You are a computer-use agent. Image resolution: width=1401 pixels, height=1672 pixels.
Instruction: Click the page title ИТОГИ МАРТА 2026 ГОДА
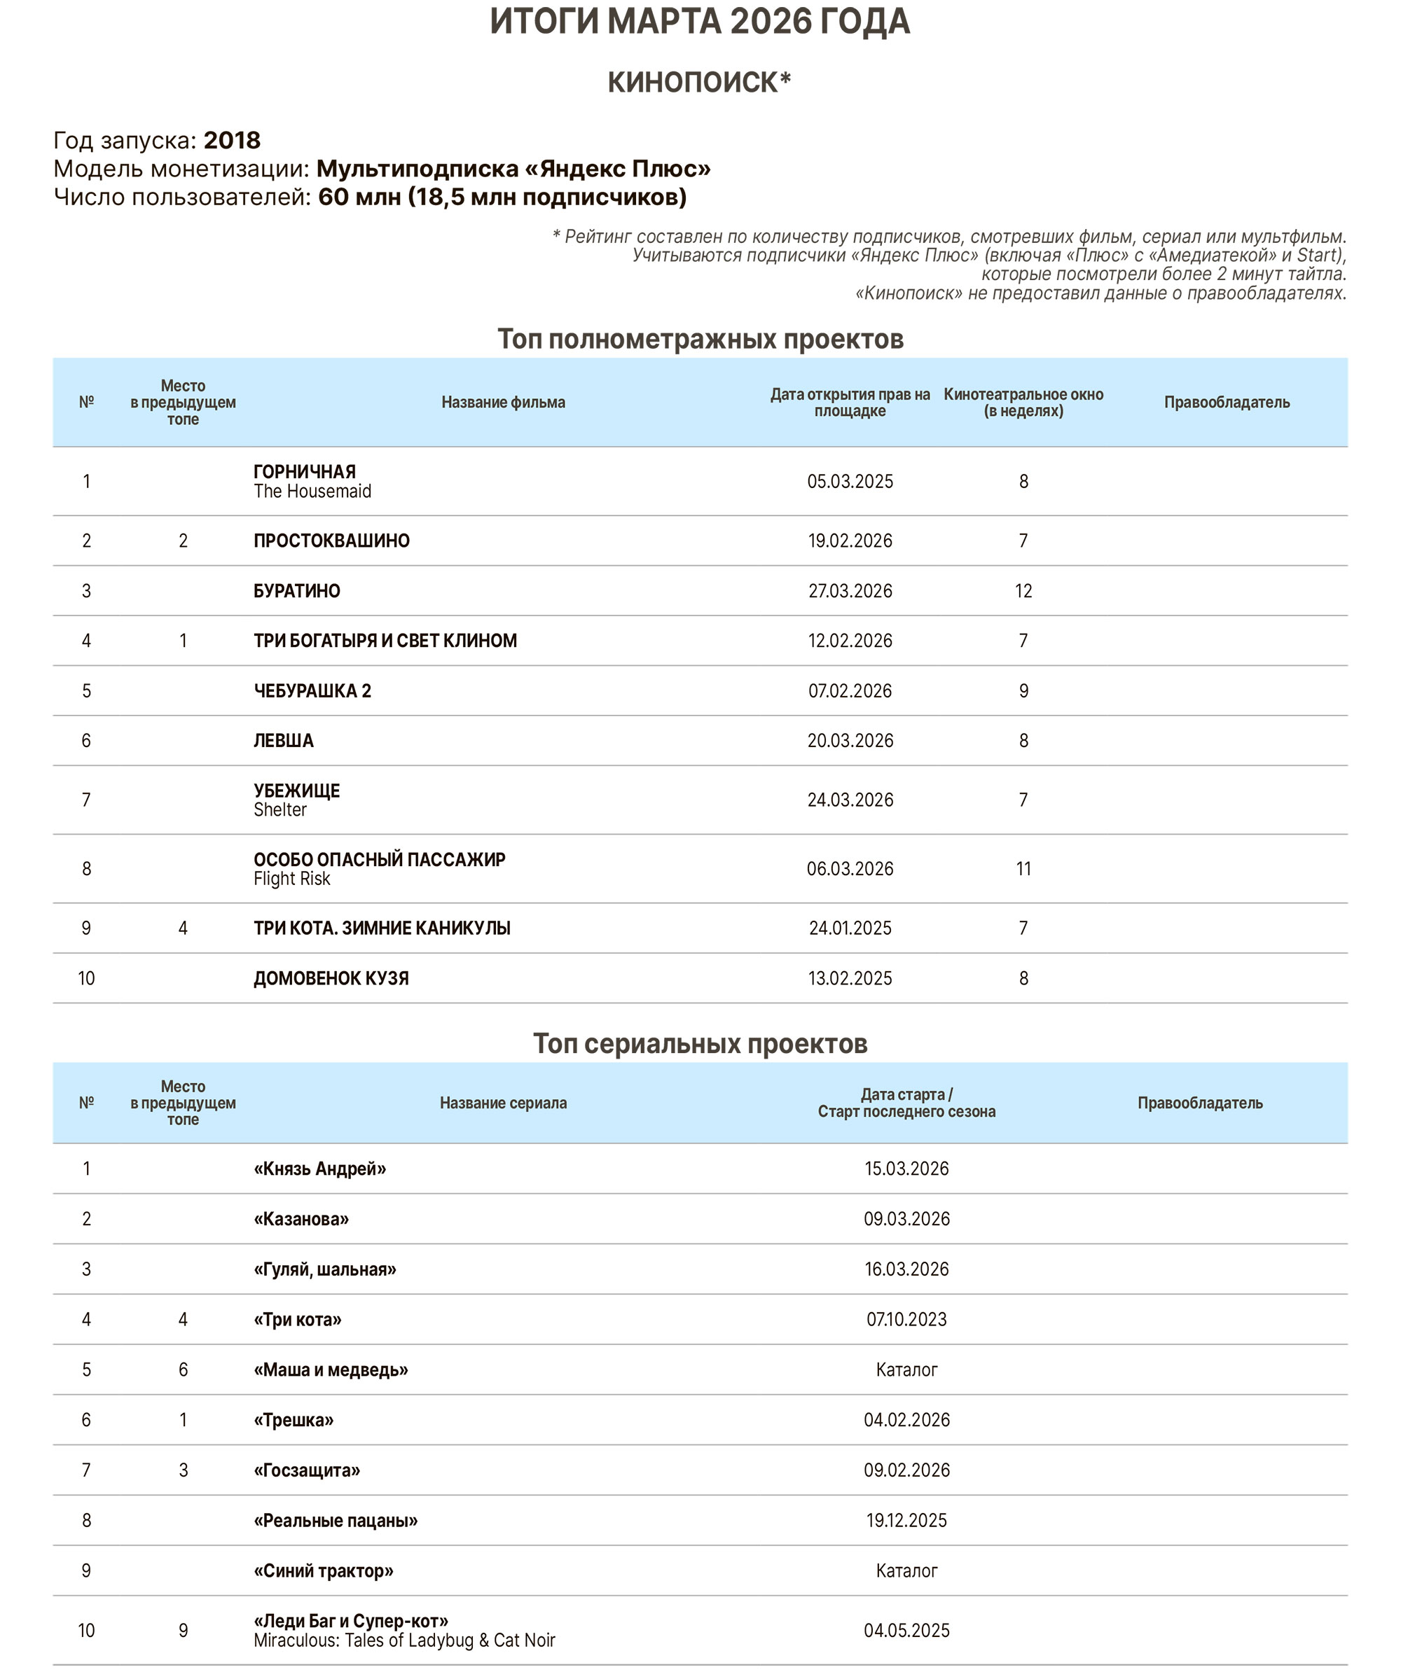(699, 22)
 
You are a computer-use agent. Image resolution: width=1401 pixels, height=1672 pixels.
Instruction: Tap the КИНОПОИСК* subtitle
(699, 82)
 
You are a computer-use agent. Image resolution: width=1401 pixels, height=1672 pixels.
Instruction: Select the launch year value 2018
(232, 140)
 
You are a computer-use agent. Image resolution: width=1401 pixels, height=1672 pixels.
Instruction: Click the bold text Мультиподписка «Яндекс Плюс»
(513, 169)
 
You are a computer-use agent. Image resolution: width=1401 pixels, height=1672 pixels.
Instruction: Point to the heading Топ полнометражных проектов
(700, 339)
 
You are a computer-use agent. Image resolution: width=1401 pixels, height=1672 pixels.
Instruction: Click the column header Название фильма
(504, 402)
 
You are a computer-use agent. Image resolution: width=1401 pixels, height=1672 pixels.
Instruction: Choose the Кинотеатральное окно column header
(1023, 402)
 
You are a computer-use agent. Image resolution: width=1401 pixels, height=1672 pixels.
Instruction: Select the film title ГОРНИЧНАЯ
(304, 471)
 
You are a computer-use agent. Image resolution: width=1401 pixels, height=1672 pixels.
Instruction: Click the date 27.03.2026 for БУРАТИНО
(850, 591)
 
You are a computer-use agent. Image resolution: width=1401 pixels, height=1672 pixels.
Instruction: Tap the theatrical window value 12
(1023, 591)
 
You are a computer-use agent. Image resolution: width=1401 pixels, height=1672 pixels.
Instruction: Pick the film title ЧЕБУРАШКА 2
(312, 690)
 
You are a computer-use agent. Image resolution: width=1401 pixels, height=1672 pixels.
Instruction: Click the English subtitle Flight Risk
(291, 879)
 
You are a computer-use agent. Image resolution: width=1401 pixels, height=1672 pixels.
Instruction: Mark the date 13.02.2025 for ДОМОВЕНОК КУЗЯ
(850, 979)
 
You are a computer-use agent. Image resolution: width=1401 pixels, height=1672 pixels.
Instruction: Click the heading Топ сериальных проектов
(700, 1044)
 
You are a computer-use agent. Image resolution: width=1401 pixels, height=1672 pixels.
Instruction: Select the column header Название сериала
(504, 1103)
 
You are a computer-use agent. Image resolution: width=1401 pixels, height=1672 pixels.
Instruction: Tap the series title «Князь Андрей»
(319, 1169)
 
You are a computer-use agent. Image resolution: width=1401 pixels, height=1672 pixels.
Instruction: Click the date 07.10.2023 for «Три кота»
(906, 1319)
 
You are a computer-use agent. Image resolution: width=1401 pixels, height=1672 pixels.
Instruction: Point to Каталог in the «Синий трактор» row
(906, 1571)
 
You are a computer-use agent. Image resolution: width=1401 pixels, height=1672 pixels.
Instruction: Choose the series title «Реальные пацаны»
(336, 1521)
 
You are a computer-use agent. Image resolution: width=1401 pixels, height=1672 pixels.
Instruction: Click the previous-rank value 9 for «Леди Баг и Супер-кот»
(184, 1631)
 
